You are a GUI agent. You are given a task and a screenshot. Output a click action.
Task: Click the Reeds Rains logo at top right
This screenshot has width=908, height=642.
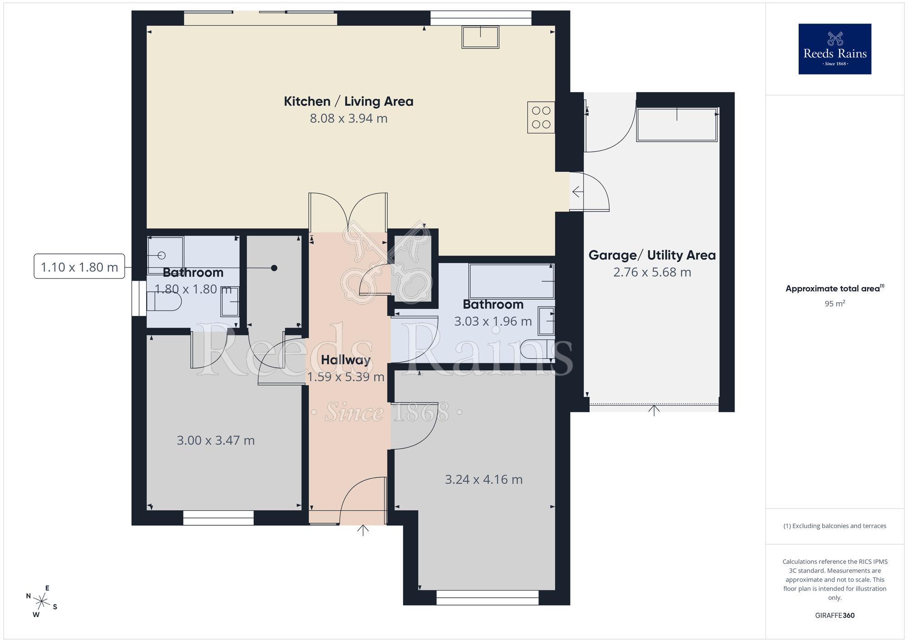click(x=834, y=49)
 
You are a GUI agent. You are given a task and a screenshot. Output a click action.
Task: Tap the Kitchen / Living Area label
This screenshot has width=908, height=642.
click(x=348, y=101)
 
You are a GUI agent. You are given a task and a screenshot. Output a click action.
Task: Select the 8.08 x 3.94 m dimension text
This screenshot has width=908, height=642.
click(x=348, y=119)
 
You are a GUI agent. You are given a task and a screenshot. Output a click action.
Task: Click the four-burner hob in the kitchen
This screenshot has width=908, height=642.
click(x=541, y=117)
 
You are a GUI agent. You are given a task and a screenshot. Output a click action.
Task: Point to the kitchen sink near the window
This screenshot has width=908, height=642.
click(x=480, y=37)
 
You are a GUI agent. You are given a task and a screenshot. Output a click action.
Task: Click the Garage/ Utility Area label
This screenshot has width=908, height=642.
click(x=652, y=255)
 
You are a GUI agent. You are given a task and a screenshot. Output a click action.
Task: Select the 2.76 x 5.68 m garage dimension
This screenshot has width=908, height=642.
click(x=652, y=272)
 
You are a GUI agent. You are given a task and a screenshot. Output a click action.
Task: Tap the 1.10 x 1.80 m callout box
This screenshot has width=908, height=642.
click(x=79, y=267)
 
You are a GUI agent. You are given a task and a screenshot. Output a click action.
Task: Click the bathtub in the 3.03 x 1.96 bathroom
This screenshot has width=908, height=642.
click(x=511, y=281)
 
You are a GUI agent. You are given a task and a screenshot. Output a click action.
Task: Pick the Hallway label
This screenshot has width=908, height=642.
click(x=345, y=360)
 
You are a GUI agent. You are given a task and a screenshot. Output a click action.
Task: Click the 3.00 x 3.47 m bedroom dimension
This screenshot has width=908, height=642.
click(x=216, y=440)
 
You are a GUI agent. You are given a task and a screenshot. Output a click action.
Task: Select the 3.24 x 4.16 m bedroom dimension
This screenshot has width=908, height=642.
click(x=484, y=479)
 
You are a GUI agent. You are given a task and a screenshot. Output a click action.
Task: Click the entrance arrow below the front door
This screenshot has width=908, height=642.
click(x=363, y=530)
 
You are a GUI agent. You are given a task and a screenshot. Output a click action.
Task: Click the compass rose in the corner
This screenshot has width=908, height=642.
click(x=41, y=602)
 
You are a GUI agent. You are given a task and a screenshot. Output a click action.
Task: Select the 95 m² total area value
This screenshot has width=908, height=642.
click(x=834, y=304)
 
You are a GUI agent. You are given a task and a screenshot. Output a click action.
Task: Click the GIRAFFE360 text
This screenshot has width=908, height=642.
click(x=834, y=616)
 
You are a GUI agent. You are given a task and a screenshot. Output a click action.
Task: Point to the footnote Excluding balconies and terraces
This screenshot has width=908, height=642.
click(x=834, y=526)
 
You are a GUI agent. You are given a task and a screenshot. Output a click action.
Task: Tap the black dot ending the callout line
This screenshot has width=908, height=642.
click(x=274, y=268)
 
